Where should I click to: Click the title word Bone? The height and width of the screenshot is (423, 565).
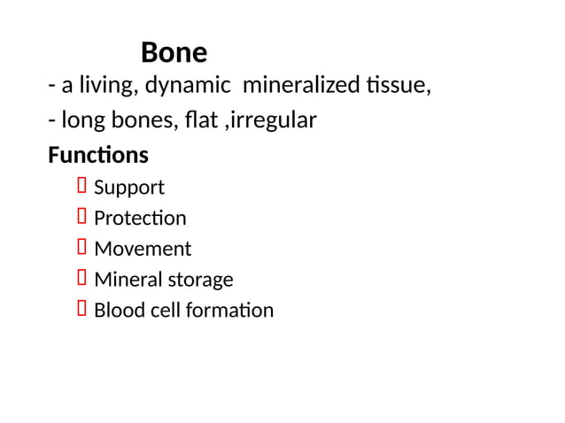coord(174,53)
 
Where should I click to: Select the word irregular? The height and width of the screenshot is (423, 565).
coord(272,119)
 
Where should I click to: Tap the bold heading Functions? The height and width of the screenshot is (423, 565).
coord(98,156)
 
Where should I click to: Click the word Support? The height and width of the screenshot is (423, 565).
coord(129,188)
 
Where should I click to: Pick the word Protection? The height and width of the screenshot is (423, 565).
coord(140,219)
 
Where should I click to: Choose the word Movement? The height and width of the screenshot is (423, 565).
coord(143,250)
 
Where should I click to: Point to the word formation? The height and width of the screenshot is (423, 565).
coord(231,311)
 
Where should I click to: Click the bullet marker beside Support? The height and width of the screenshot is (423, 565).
coord(82,186)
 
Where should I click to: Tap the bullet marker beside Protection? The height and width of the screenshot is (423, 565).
coord(82,217)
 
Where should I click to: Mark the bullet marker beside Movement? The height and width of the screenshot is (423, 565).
coord(82,248)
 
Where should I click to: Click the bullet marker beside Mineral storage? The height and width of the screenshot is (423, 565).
coord(82,279)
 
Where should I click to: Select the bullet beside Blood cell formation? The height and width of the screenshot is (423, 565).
coord(82,309)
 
